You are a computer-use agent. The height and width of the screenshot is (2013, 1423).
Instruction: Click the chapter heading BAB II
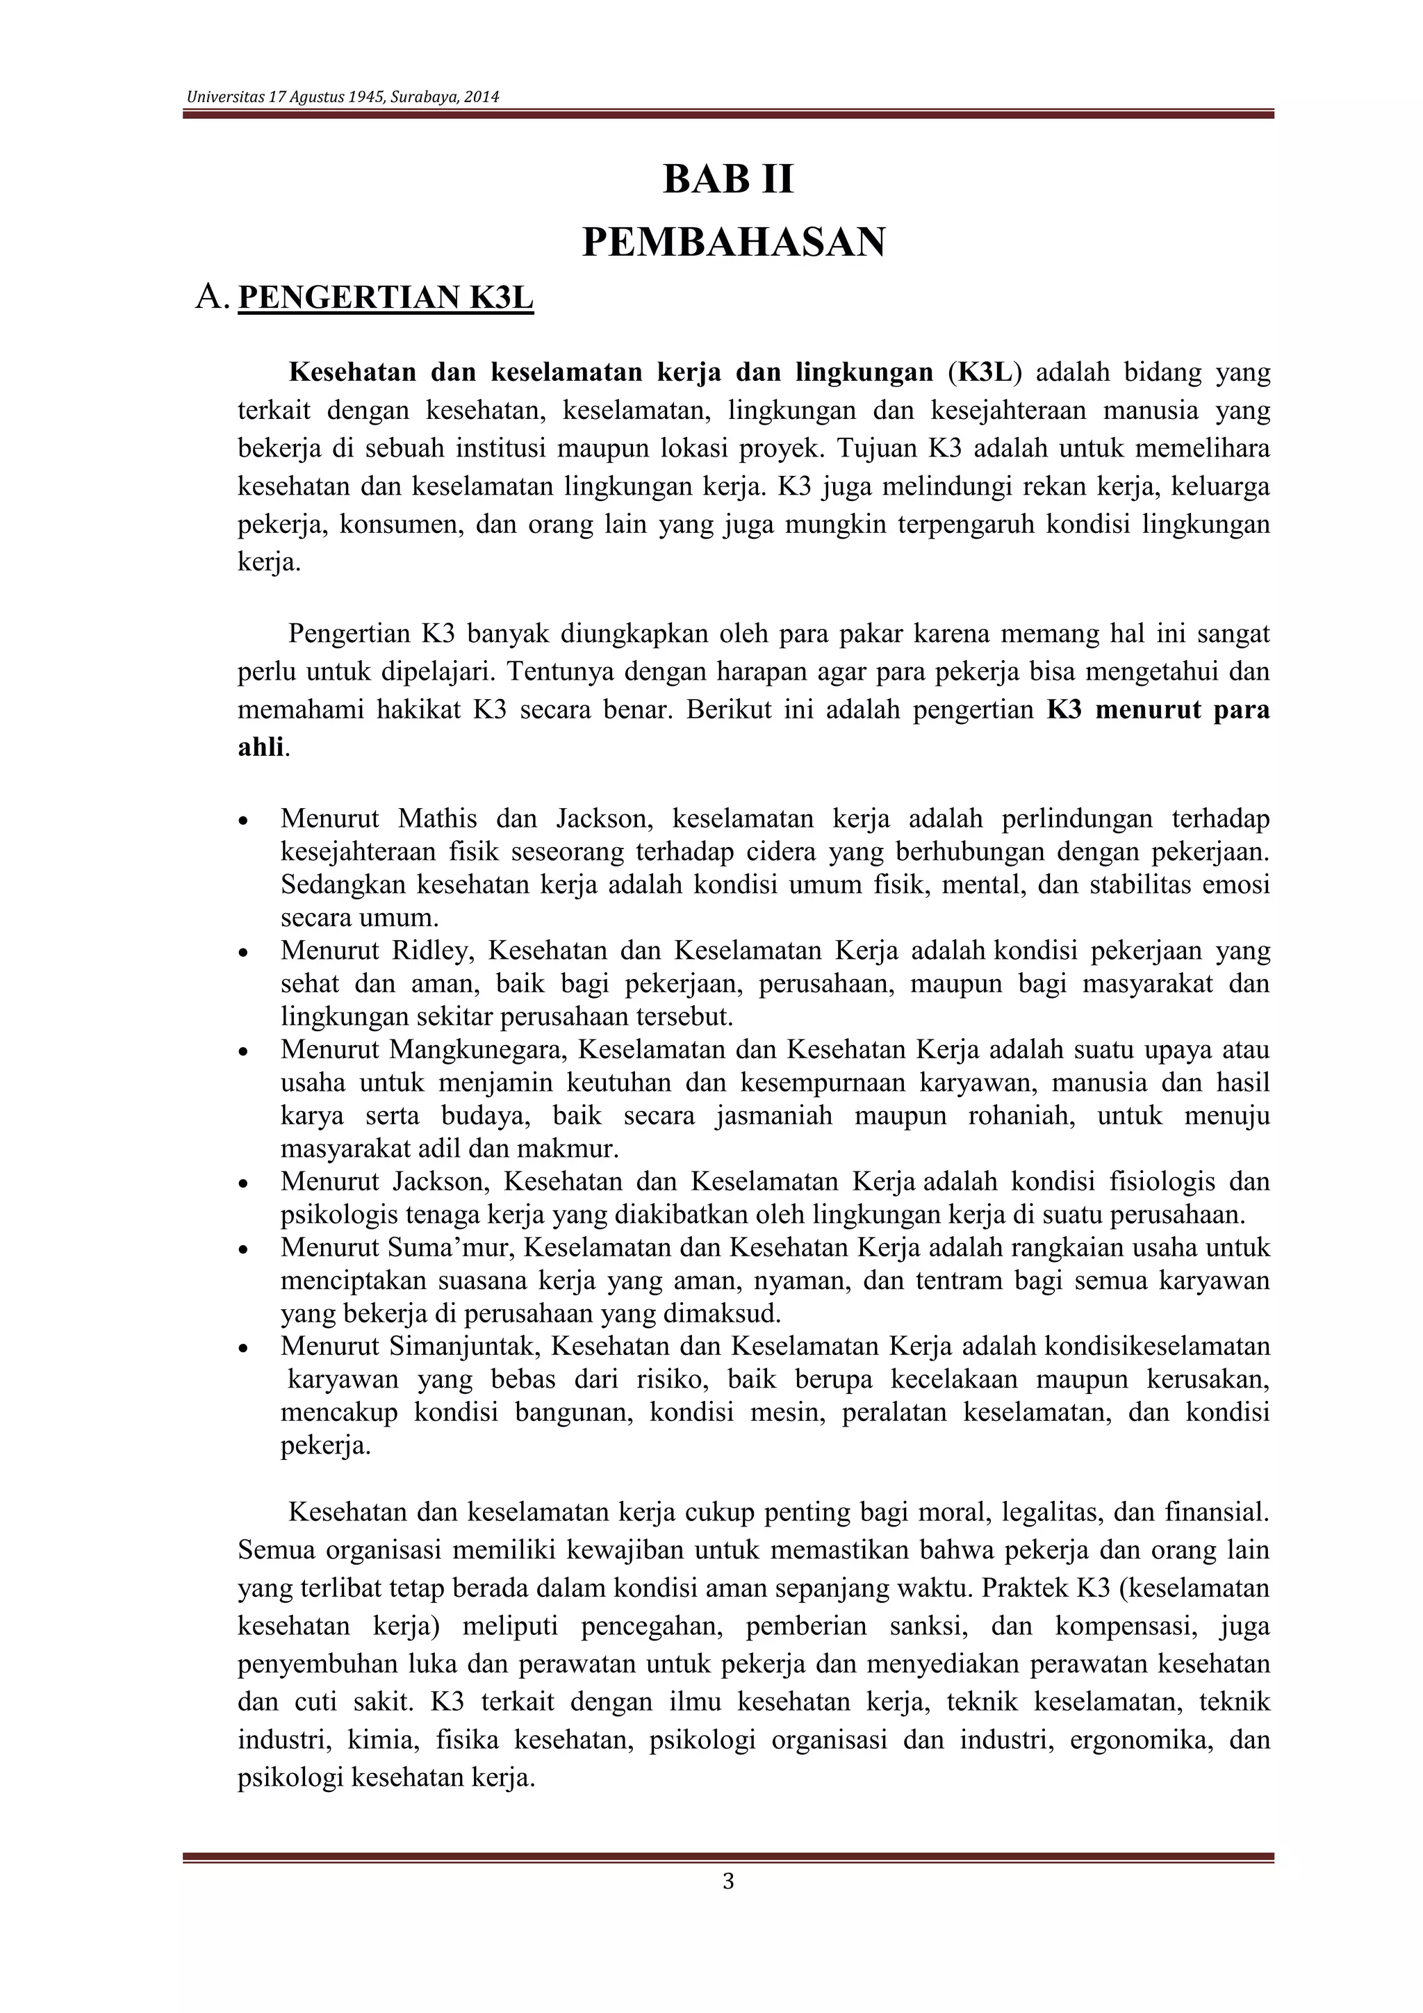[727, 180]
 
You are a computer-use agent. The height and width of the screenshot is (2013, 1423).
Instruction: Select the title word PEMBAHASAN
[734, 242]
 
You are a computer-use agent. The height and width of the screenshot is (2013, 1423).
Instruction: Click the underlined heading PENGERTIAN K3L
[386, 298]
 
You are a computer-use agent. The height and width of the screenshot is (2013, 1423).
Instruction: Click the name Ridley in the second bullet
[429, 951]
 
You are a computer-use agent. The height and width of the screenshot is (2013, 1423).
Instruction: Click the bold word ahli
[261, 747]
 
